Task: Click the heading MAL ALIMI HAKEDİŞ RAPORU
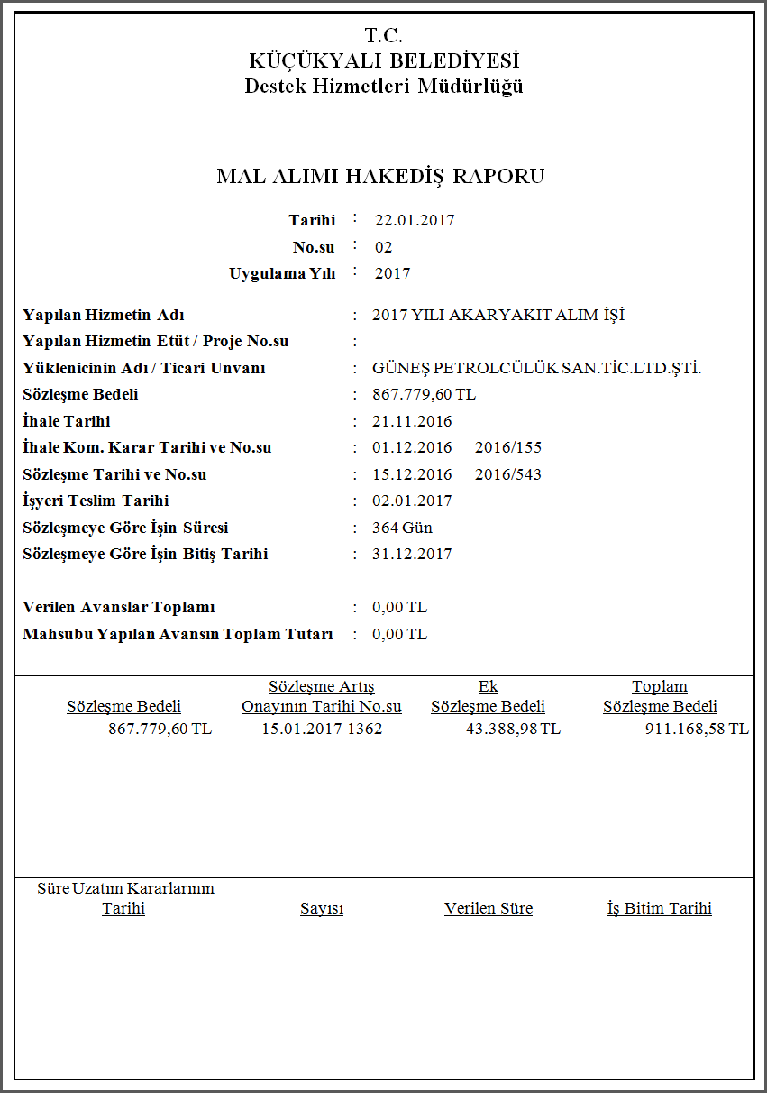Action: [x=380, y=176]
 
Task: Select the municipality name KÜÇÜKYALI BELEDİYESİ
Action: [x=384, y=61]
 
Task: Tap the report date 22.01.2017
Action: [x=415, y=220]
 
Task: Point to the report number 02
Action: [x=384, y=247]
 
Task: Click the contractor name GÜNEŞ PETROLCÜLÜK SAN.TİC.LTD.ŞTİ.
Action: [x=536, y=368]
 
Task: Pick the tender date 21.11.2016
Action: [x=412, y=421]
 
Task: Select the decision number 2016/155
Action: [x=508, y=447]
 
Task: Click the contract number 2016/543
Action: [x=508, y=474]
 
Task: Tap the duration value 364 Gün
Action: [x=402, y=528]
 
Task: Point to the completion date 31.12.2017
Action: [x=412, y=554]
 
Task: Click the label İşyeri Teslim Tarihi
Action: [x=96, y=501]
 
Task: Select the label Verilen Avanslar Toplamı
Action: [x=119, y=607]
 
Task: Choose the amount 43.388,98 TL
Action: [x=513, y=729]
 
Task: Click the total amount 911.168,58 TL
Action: [x=697, y=729]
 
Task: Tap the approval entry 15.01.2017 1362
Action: [x=322, y=729]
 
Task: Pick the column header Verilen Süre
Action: [x=489, y=908]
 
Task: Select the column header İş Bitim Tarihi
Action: [x=660, y=908]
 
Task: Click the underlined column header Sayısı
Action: [x=322, y=908]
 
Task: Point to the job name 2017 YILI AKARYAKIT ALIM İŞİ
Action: [x=498, y=315]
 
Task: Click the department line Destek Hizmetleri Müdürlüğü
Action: [x=384, y=87]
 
